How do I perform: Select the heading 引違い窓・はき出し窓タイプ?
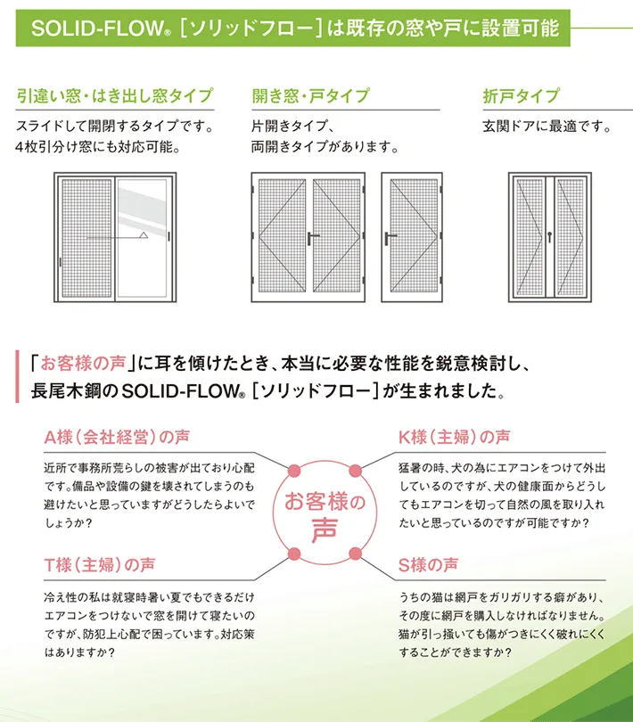point(115,95)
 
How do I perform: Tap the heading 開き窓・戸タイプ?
point(310,95)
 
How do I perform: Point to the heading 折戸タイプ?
point(521,95)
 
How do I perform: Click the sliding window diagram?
point(113,239)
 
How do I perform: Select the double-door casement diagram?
point(310,237)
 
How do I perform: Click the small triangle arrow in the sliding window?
point(143,235)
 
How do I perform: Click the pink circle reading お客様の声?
point(324,515)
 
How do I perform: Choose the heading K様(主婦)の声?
point(454,438)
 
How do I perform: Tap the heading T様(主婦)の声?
point(99,565)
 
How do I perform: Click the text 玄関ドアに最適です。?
point(547,126)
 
